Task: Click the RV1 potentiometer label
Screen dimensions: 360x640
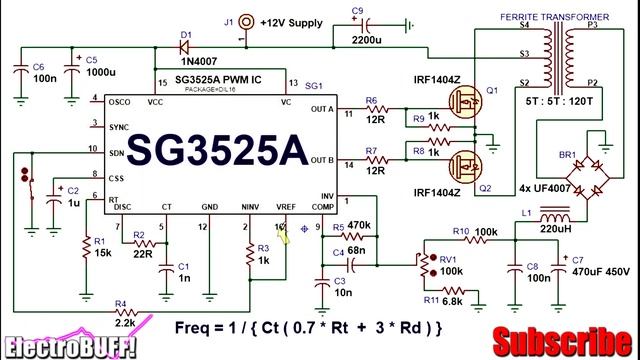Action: pyautogui.click(x=445, y=257)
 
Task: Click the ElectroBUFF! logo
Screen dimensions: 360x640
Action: pyautogui.click(x=69, y=346)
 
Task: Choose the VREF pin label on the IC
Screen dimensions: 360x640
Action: pyautogui.click(x=287, y=206)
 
